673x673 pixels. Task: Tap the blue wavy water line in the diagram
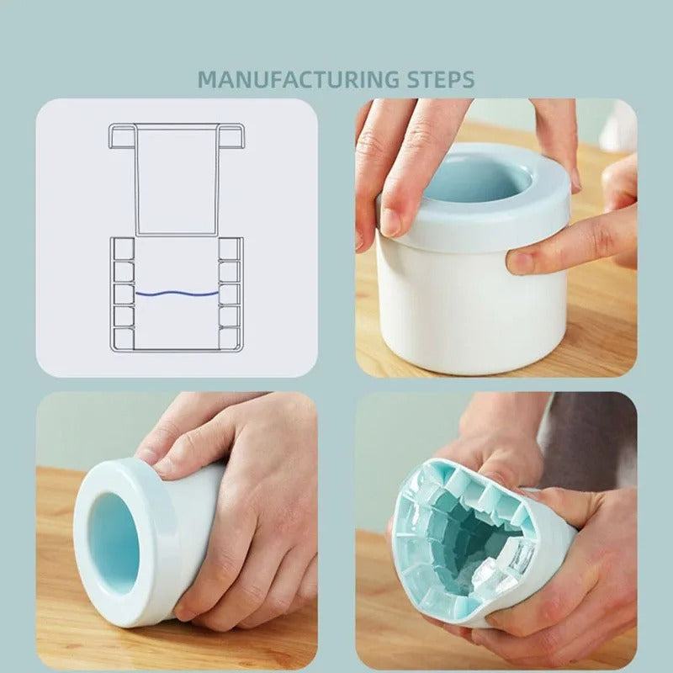point(177,294)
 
